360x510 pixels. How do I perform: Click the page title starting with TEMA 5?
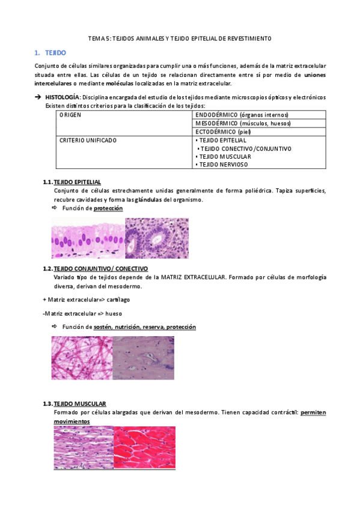tap(180, 38)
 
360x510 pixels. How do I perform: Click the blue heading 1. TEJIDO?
tap(55, 53)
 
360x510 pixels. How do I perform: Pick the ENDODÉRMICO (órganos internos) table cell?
tap(242, 114)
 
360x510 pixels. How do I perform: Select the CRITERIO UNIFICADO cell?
tap(88, 140)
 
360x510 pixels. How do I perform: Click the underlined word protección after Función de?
tap(108, 208)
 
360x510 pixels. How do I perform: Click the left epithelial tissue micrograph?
tap(88, 238)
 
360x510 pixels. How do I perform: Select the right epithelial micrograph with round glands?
tap(156, 238)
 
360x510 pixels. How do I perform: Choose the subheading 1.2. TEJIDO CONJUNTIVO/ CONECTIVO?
tap(100, 268)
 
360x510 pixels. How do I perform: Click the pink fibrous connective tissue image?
tap(82, 357)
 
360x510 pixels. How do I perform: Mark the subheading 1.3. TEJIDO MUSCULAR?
tap(80, 403)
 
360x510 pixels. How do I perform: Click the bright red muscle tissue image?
tap(144, 447)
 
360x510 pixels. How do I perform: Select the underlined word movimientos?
tap(72, 422)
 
